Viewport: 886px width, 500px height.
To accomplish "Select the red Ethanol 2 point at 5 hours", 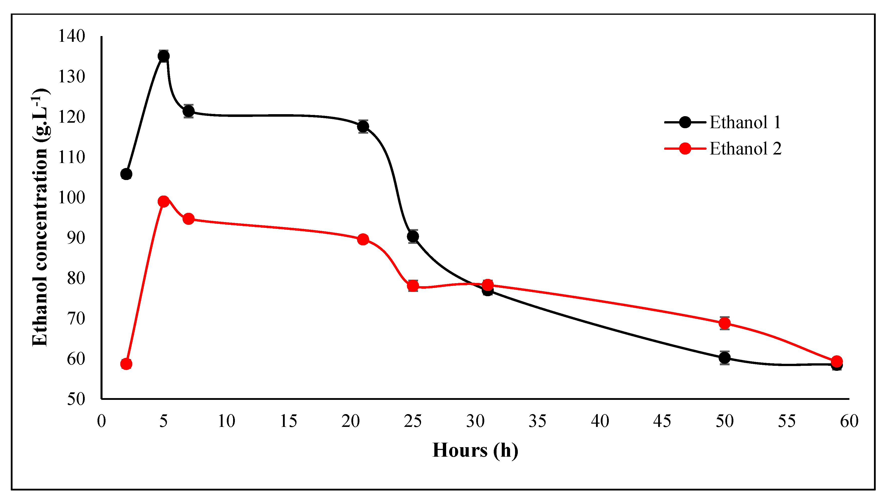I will click(x=164, y=201).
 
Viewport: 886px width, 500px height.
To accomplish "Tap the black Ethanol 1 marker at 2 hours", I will click(x=126, y=174).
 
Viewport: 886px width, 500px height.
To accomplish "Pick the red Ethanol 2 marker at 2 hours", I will click(x=126, y=364).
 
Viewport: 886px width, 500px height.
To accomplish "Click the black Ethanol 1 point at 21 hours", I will click(x=363, y=126).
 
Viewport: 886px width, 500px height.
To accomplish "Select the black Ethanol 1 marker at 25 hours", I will click(x=413, y=236).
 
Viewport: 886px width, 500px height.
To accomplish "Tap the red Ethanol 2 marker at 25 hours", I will click(x=413, y=286).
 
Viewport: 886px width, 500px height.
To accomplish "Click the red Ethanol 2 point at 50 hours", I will click(x=724, y=323).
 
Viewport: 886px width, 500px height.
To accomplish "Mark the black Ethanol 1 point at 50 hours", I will click(x=724, y=358).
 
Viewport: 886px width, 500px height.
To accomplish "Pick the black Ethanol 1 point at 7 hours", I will click(x=188, y=111).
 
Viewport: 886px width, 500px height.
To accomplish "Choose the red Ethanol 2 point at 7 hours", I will click(x=188, y=219).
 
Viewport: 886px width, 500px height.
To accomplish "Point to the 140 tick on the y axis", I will click(x=71, y=36).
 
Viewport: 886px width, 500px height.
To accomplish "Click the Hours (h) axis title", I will click(x=475, y=450).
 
